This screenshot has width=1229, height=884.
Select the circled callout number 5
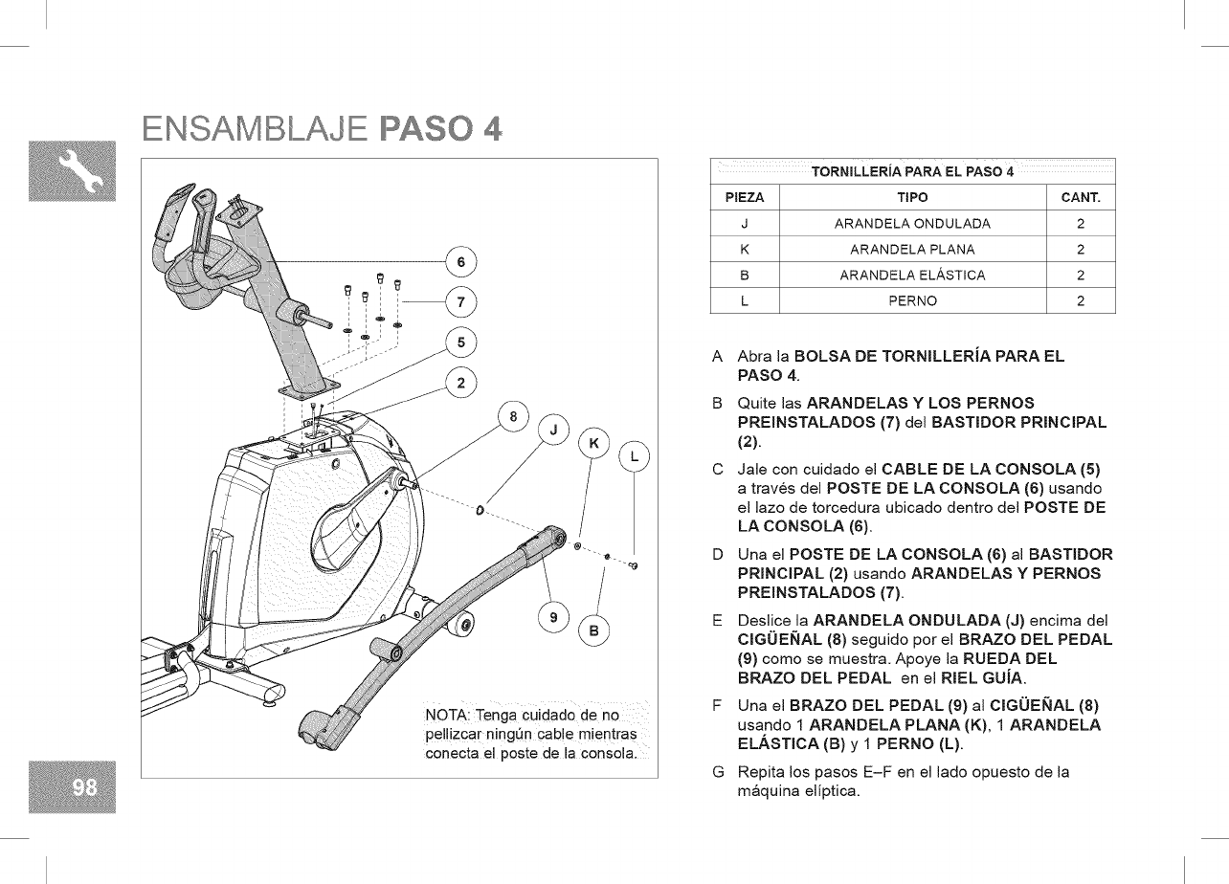pyautogui.click(x=461, y=343)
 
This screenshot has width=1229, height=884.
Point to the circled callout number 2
pyautogui.click(x=461, y=384)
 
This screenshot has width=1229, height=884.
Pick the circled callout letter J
pyautogui.click(x=553, y=430)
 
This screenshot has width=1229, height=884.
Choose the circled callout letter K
pyautogui.click(x=594, y=443)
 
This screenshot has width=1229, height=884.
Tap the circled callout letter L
pyautogui.click(x=635, y=456)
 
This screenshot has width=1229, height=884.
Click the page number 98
pyautogui.click(x=84, y=786)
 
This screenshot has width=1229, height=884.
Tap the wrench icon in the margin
pyautogui.click(x=84, y=171)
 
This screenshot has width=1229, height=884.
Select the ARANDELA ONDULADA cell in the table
pyautogui.click(x=912, y=224)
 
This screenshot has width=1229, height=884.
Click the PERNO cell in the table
pyautogui.click(x=912, y=300)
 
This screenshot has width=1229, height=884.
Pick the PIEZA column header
pyautogui.click(x=745, y=198)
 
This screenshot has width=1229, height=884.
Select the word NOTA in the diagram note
pyautogui.click(x=446, y=718)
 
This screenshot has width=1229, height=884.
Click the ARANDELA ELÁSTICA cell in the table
pyautogui.click(x=912, y=276)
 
